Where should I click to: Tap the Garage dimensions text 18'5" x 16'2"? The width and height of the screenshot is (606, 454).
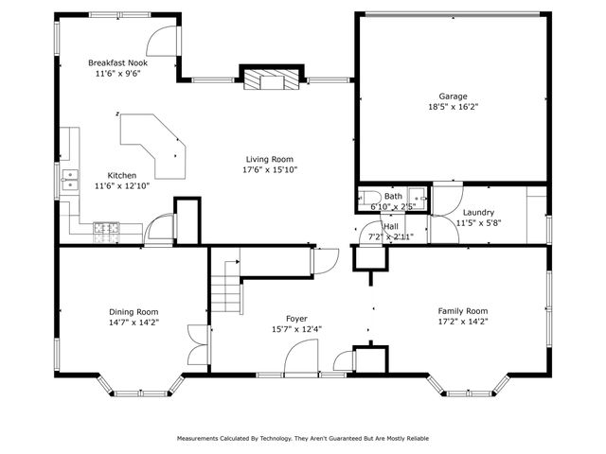coord(453,108)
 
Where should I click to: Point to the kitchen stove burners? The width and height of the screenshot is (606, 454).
coord(106,227)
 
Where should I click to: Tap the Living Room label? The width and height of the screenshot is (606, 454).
coord(270,159)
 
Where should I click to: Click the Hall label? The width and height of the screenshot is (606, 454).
coord(390,227)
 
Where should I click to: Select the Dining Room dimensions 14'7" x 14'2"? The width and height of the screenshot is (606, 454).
coord(134,323)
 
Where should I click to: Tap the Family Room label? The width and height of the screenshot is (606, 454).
coord(462,310)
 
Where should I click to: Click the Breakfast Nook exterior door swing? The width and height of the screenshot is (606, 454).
coord(163,42)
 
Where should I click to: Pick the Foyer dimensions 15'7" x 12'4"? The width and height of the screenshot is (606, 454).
coord(296,329)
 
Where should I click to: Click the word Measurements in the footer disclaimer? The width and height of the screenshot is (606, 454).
coord(202,439)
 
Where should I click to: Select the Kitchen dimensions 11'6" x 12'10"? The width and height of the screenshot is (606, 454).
coord(121,186)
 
